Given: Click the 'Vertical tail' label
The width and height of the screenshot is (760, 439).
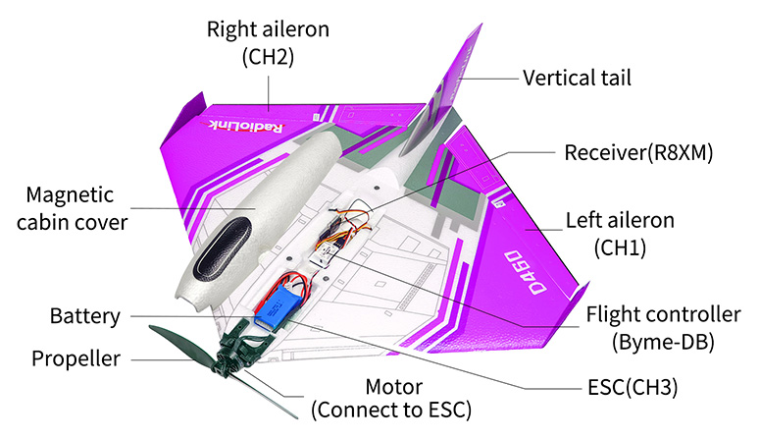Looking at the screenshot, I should (x=577, y=77).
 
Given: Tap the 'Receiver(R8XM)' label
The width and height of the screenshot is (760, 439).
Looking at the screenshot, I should (x=637, y=153).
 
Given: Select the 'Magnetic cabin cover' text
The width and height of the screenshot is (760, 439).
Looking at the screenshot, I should (x=76, y=208).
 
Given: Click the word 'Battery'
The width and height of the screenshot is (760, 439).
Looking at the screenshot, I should (x=85, y=316).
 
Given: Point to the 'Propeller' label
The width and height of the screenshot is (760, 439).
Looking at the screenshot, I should (x=76, y=358).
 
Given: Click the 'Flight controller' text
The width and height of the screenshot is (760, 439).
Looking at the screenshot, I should (x=663, y=315).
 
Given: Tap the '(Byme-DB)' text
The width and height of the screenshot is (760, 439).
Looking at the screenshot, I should (x=663, y=342).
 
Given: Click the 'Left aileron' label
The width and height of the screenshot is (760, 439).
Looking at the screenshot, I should (x=620, y=220).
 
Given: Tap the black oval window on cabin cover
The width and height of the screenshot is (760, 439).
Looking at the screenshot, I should (x=217, y=247).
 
